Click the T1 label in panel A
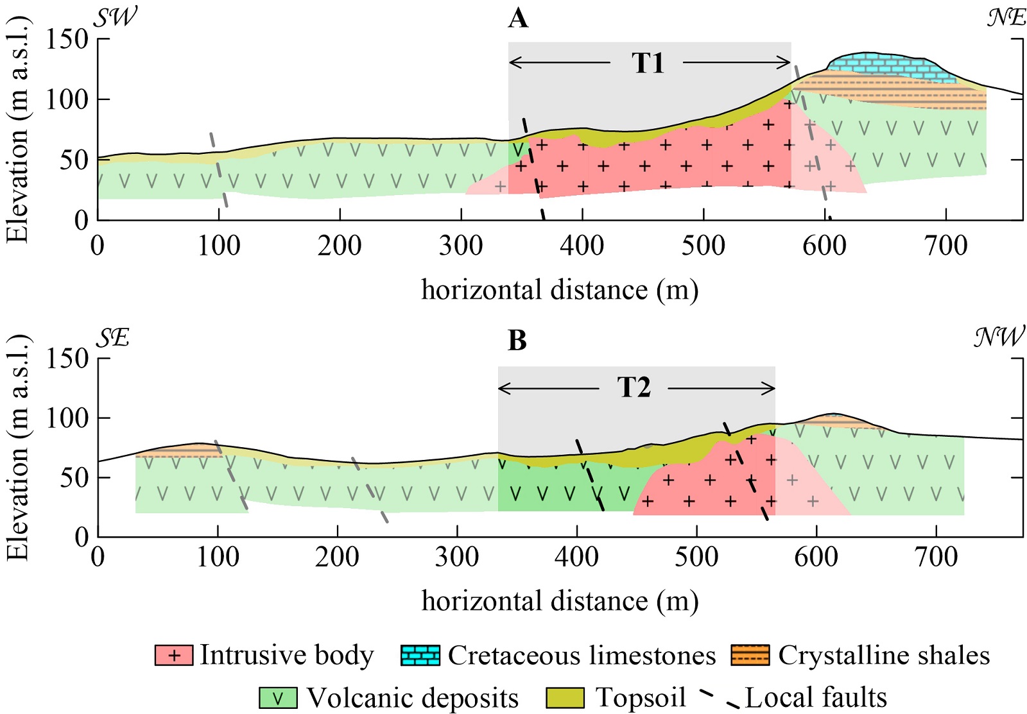647,63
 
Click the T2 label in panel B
634,387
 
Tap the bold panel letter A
518,19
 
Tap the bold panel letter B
517,341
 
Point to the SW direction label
116,17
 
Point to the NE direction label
1006,17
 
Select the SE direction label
113,337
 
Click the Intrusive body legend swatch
173,656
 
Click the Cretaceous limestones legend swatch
420,656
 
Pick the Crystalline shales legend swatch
750,656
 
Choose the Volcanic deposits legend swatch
278,698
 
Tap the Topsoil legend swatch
565,698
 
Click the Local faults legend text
816,697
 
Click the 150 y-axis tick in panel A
67,39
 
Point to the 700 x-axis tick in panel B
936,557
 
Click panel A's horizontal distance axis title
560,290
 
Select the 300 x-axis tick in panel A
460,246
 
